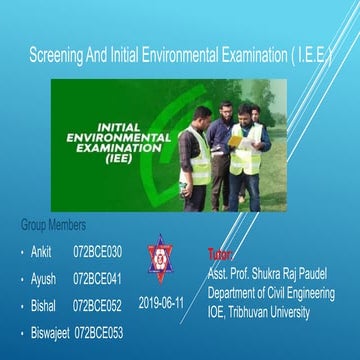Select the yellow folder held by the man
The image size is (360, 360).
pos(237,141)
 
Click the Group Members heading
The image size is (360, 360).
pos(53,225)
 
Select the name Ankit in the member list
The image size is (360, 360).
pos(41,251)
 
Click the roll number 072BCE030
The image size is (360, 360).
pos(97,251)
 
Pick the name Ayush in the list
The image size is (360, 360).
pos(43,277)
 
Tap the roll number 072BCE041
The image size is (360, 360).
pos(97,277)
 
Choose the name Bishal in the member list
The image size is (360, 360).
pos(44,304)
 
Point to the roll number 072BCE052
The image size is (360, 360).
pos(97,304)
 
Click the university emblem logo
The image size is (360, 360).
pos(159,259)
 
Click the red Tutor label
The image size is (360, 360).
pos(219,255)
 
